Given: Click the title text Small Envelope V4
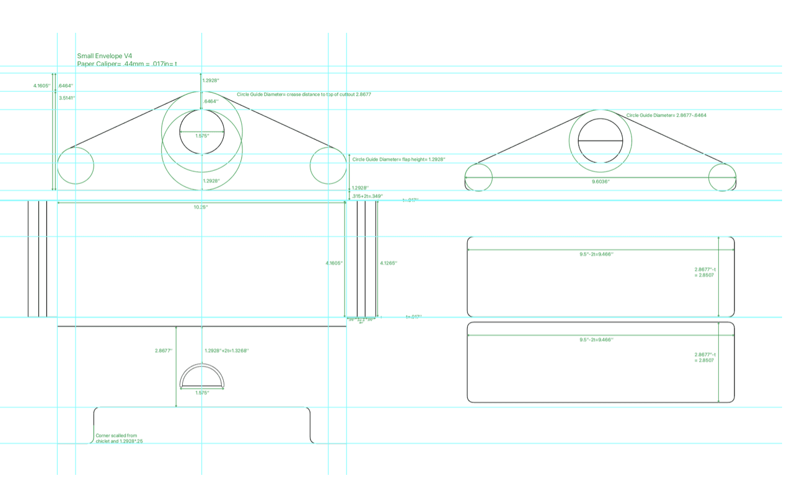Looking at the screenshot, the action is click(x=104, y=56).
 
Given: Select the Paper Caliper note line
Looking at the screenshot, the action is click(x=126, y=64).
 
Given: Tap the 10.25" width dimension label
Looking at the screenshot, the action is click(x=201, y=207).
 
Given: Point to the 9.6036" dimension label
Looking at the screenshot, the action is click(x=600, y=181).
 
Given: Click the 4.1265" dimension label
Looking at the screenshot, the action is click(x=388, y=263).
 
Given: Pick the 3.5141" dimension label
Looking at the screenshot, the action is click(x=66, y=98).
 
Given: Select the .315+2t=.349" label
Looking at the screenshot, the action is click(x=367, y=196).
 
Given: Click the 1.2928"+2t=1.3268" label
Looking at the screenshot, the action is click(x=226, y=350).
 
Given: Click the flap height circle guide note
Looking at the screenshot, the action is click(x=398, y=159).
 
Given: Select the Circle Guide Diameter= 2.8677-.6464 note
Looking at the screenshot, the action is click(x=666, y=115).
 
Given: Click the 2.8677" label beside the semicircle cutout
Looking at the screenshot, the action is click(x=164, y=350).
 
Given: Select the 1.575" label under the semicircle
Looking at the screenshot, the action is click(x=202, y=393).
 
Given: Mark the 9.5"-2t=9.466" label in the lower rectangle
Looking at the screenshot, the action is click(x=600, y=339).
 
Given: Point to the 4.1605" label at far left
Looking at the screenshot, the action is click(x=42, y=85).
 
